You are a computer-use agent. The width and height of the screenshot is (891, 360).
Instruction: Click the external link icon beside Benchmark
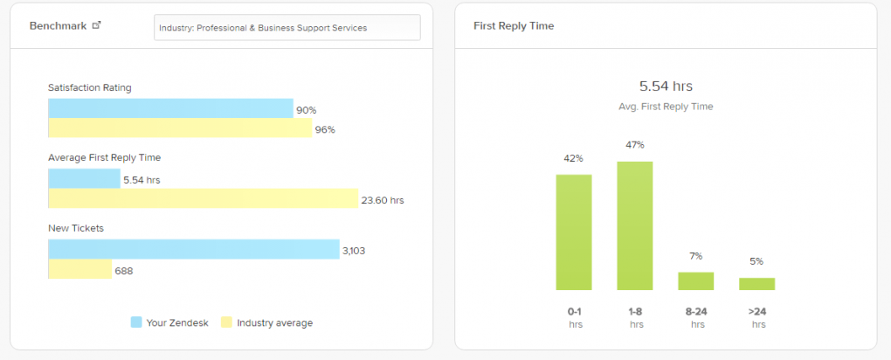[96, 25]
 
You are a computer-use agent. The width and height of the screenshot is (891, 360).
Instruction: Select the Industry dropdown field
[287, 27]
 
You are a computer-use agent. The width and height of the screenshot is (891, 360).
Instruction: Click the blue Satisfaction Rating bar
[170, 108]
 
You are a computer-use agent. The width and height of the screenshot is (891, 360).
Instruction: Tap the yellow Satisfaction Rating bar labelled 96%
[180, 128]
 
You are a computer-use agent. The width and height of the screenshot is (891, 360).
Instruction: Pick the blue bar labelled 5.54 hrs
[84, 178]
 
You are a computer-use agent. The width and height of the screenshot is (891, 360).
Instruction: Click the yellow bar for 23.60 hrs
[203, 198]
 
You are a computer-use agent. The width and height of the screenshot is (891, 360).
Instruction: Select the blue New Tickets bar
[193, 249]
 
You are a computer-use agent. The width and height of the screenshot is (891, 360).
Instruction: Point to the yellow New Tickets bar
[79, 269]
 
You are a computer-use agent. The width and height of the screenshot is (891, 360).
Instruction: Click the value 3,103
[354, 251]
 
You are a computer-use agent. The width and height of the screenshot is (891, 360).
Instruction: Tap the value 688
[124, 271]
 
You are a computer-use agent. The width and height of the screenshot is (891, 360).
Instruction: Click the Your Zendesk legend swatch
[135, 322]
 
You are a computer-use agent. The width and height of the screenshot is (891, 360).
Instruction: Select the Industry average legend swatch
[226, 322]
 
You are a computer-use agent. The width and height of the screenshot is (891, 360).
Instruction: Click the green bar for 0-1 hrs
[574, 232]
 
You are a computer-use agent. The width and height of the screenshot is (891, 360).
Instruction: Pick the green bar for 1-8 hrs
[635, 225]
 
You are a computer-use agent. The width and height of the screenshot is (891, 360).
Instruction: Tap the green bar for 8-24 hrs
[696, 280]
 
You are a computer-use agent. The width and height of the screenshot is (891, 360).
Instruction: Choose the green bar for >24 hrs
[756, 283]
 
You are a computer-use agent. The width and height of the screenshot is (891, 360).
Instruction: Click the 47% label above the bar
[635, 145]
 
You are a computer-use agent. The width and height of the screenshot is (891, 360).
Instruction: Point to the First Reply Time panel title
[514, 26]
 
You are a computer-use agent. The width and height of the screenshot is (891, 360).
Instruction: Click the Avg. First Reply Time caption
[666, 107]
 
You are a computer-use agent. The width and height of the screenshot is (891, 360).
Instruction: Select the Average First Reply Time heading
[104, 157]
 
